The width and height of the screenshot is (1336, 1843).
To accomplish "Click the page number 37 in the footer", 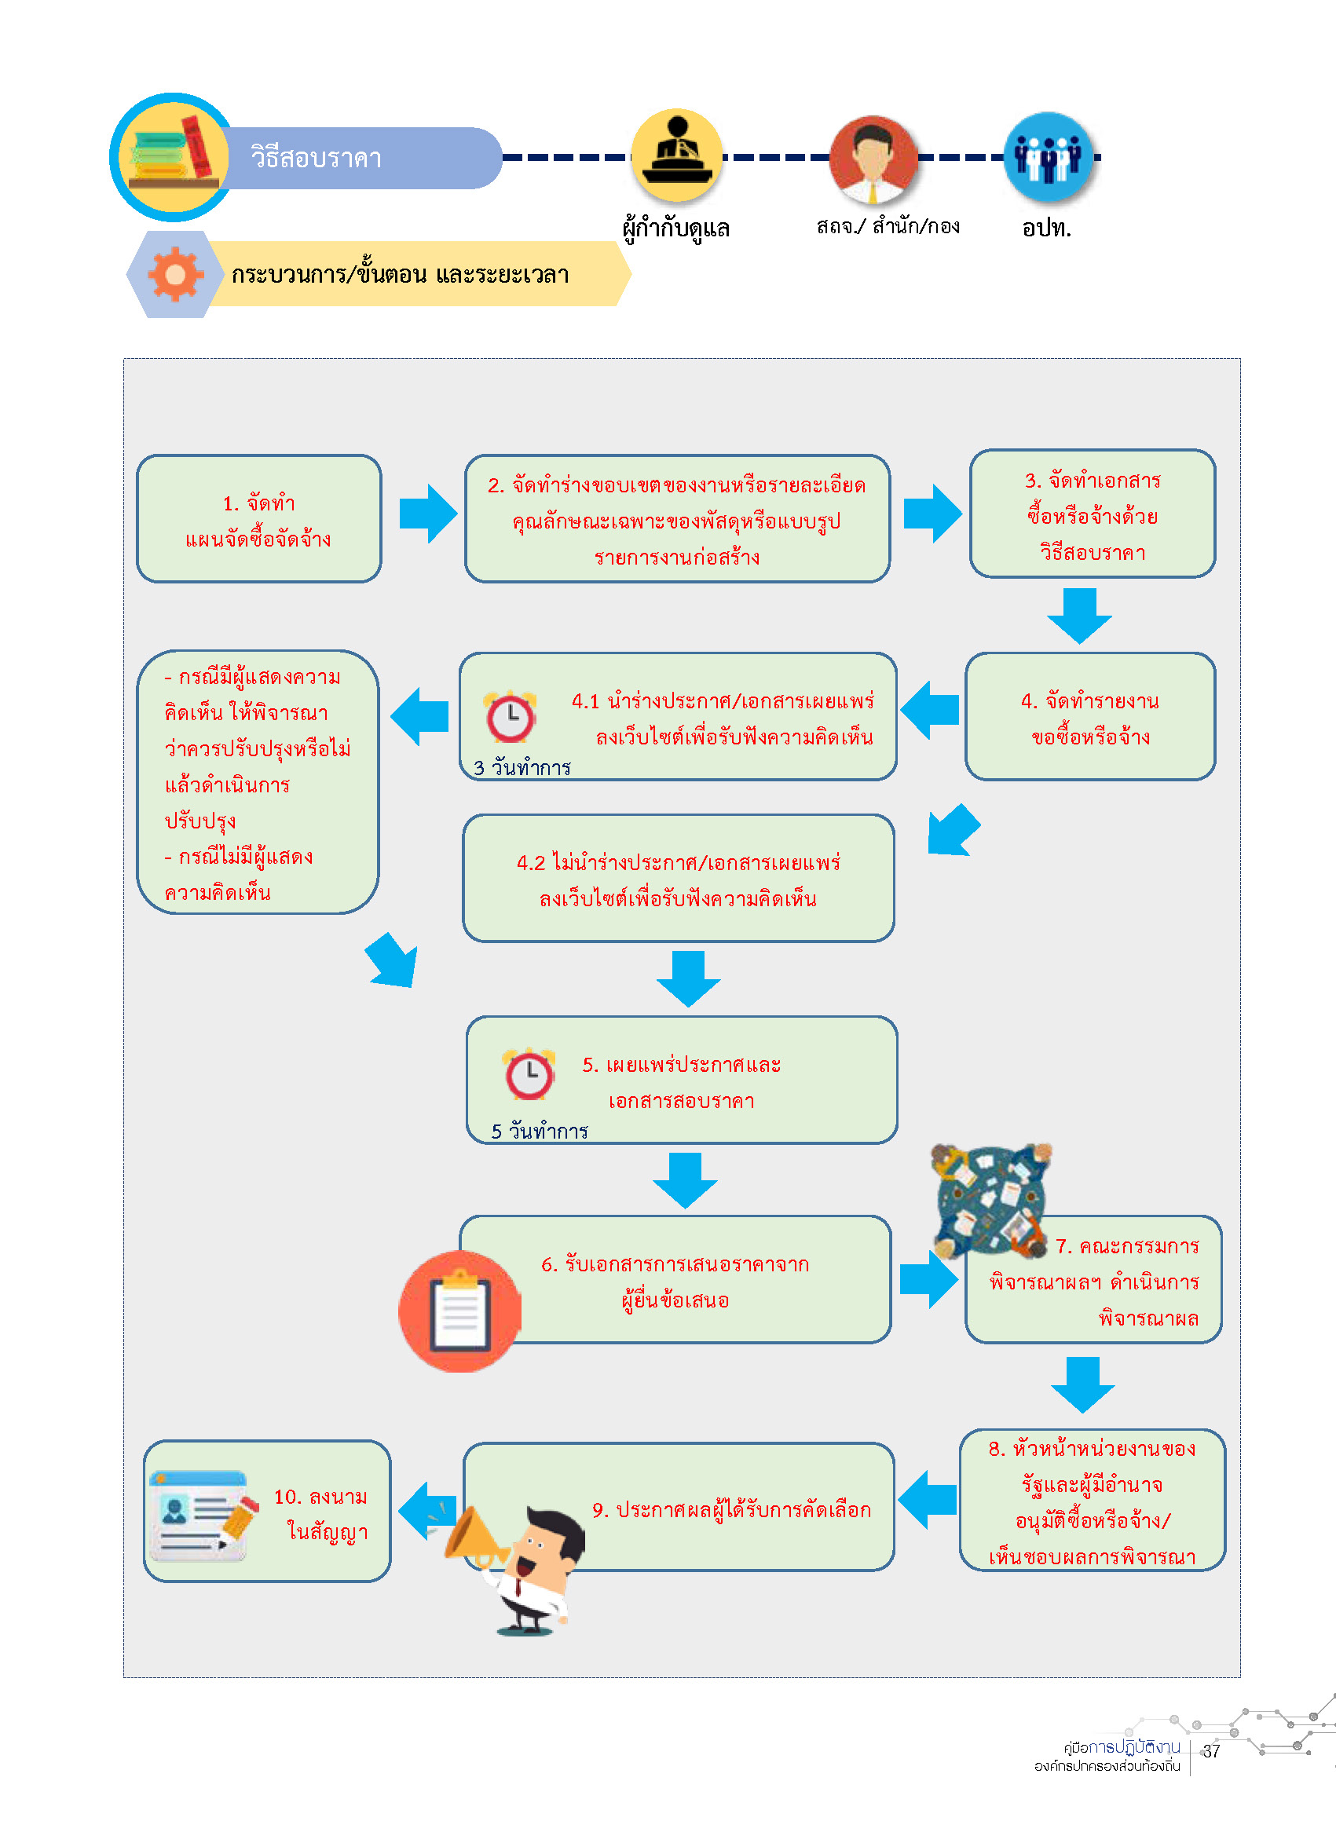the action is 1211,1751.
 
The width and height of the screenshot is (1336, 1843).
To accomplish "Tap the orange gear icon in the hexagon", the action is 174,275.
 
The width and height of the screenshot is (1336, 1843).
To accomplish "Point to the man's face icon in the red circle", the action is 873,159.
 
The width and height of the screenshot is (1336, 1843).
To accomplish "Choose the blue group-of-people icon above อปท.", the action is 1049,156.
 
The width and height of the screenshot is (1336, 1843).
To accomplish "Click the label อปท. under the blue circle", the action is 1047,228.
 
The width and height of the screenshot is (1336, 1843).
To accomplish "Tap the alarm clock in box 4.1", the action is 511,717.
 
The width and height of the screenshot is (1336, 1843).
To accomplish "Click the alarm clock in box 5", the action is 529,1073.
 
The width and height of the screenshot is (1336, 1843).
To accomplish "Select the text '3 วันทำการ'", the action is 522,767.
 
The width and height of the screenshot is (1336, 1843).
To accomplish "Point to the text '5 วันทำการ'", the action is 540,1131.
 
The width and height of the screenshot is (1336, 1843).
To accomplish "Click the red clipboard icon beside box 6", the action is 460,1311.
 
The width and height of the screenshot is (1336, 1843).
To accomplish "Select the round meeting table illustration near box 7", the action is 990,1201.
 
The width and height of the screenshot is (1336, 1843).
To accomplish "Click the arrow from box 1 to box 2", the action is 428,514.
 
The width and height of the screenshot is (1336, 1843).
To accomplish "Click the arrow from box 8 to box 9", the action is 928,1499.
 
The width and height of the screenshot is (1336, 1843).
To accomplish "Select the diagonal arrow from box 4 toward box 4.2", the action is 953,831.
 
